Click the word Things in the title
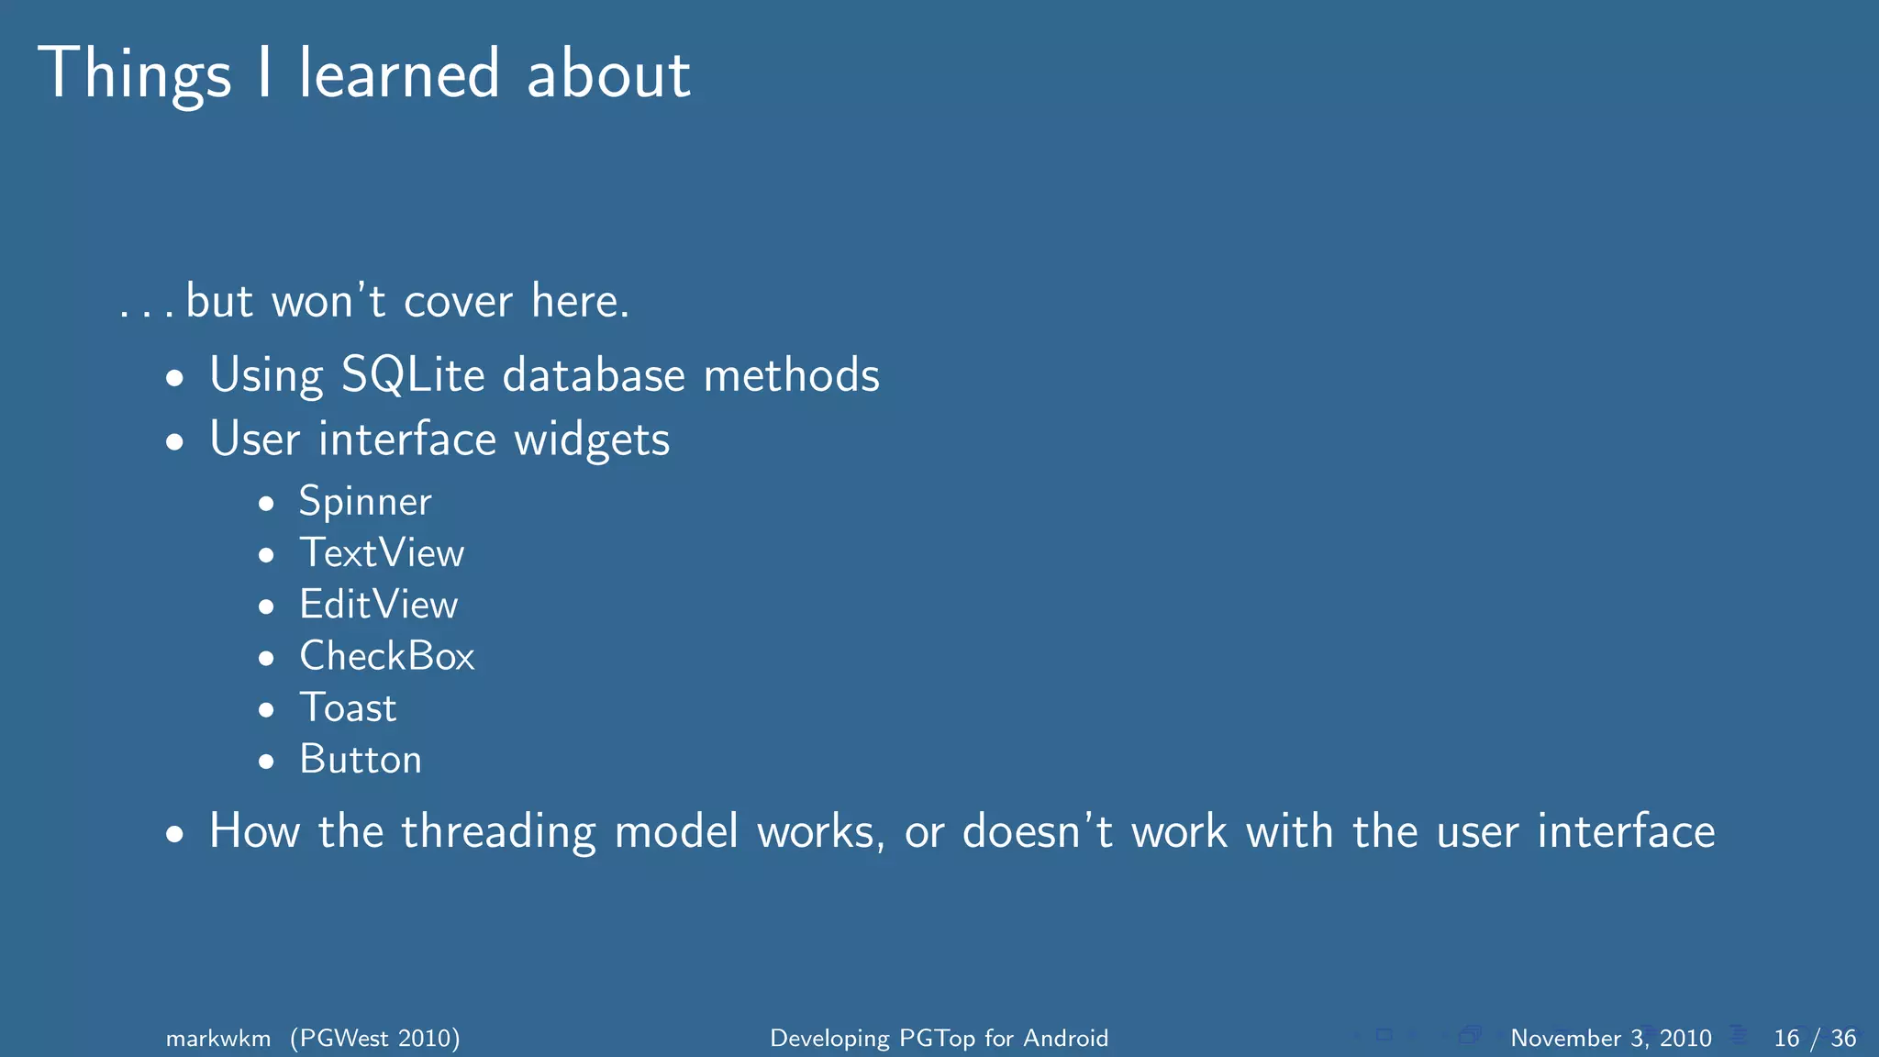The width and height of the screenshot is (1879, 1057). (x=134, y=75)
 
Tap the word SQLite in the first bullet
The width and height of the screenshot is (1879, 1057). (x=412, y=375)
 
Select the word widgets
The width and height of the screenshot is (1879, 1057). (x=592, y=439)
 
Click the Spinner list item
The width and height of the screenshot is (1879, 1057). (x=364, y=502)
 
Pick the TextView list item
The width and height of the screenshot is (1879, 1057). (x=382, y=553)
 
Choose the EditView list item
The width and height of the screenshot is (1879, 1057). (x=378, y=605)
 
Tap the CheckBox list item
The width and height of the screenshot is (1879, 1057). (x=386, y=656)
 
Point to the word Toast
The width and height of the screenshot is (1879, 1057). (x=348, y=708)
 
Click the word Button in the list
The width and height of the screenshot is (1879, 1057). (x=360, y=760)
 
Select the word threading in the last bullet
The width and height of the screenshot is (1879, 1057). (x=498, y=832)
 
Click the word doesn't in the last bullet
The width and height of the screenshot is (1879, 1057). (x=1037, y=831)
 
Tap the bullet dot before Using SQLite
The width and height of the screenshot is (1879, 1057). (x=175, y=378)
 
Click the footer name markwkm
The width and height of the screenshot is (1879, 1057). (x=218, y=1038)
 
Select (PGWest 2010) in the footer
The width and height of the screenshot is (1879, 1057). (x=375, y=1038)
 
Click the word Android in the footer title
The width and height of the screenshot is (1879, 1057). (x=1065, y=1038)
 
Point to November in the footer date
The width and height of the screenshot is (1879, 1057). (x=1565, y=1038)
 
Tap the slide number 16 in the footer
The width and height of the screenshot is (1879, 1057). (x=1786, y=1038)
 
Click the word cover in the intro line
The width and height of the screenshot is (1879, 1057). (x=458, y=302)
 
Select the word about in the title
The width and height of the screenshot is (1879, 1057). (x=608, y=75)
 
